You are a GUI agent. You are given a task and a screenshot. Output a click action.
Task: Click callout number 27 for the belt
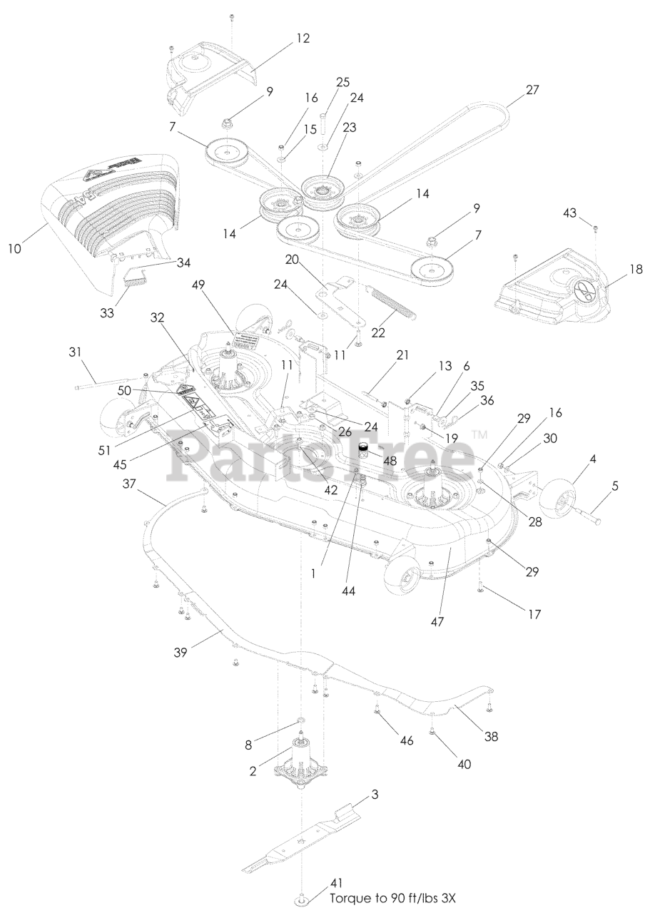[532, 91]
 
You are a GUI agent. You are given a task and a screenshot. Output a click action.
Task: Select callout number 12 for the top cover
[304, 39]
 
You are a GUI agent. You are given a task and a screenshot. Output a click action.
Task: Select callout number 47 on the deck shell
[437, 621]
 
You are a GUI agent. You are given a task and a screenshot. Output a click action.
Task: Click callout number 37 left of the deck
[130, 484]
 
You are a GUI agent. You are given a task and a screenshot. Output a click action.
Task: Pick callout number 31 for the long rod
[76, 352]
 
